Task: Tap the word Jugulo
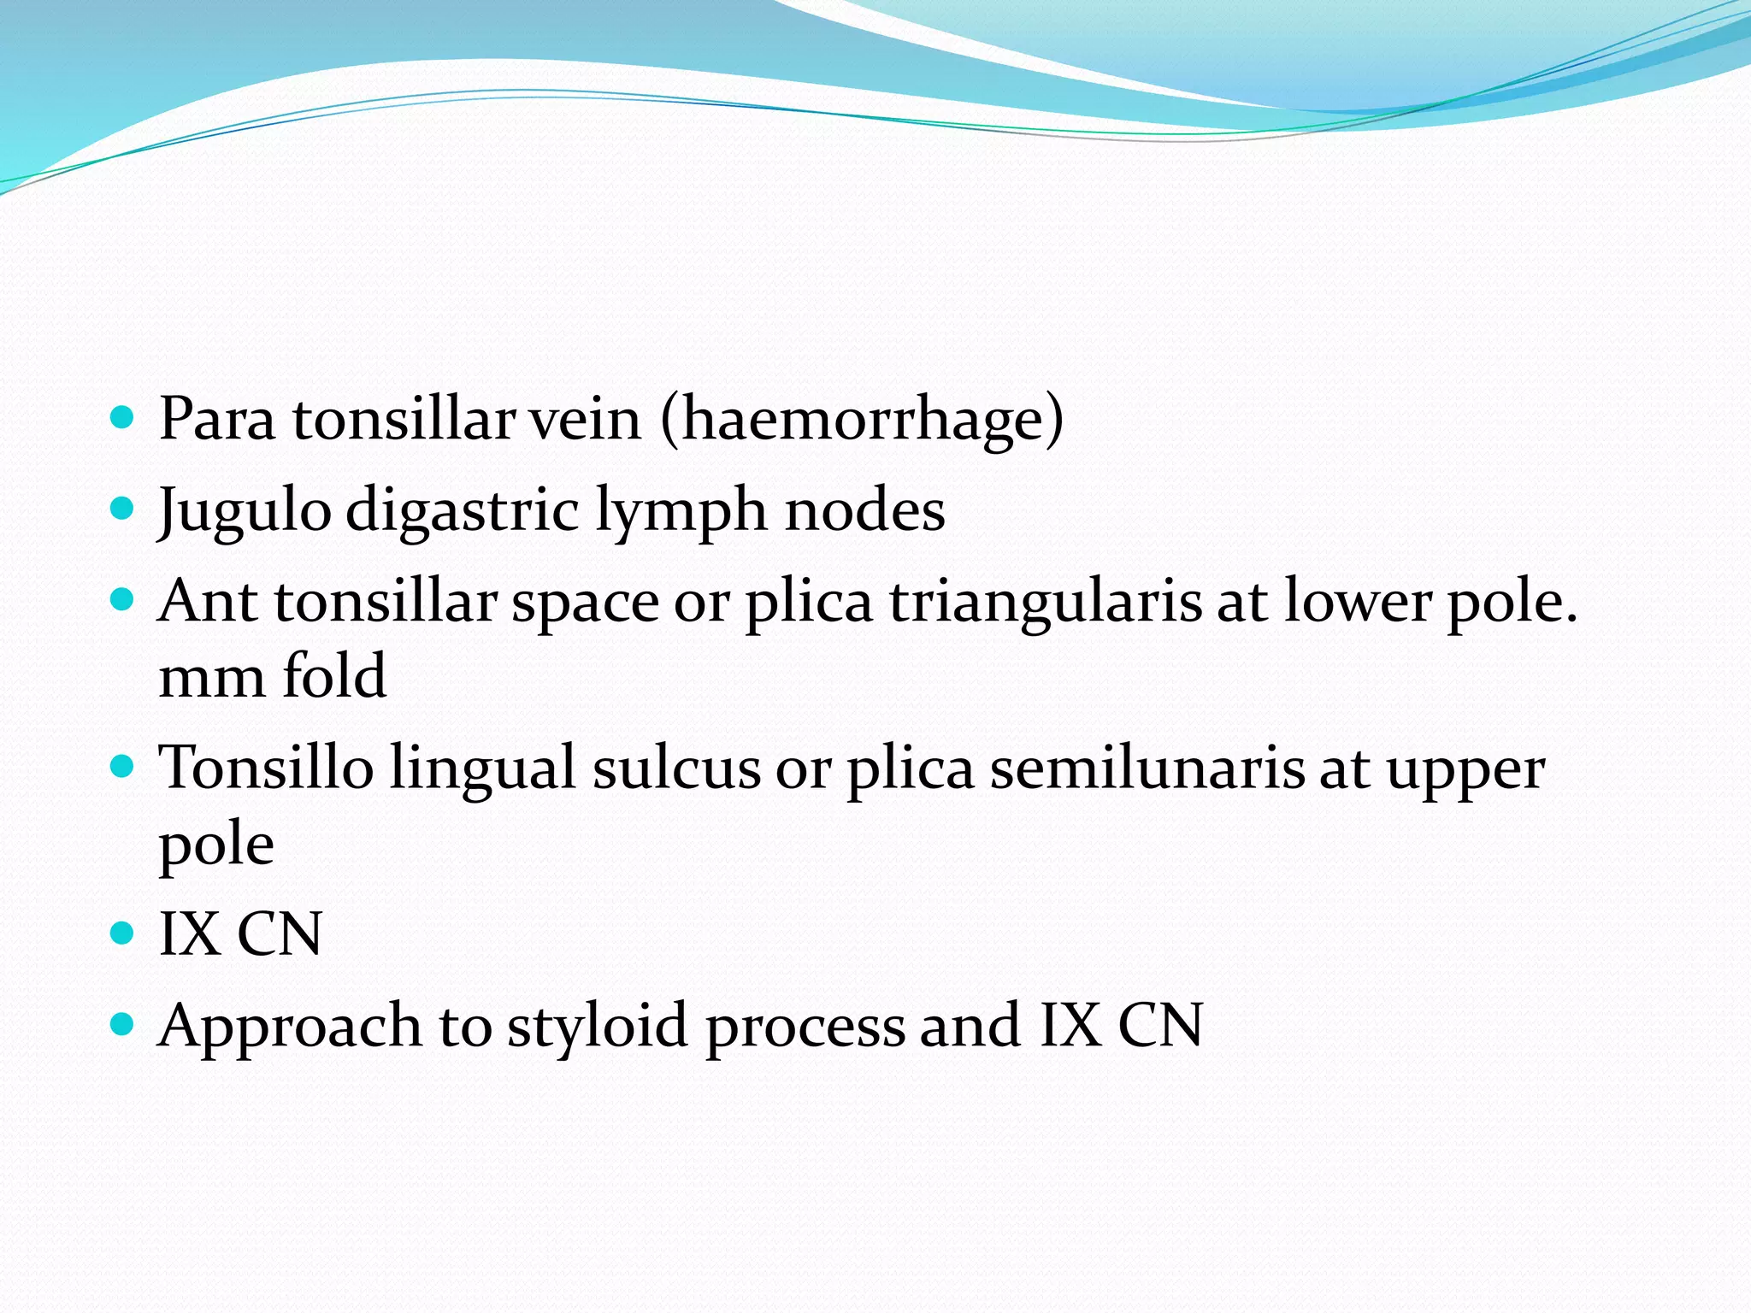click(x=245, y=511)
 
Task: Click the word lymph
click(x=681, y=511)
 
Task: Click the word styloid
click(x=598, y=1026)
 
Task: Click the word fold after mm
click(x=334, y=677)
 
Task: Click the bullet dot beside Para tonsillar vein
click(x=123, y=418)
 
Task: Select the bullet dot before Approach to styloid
click(x=123, y=1023)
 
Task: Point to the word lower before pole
click(x=1357, y=602)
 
